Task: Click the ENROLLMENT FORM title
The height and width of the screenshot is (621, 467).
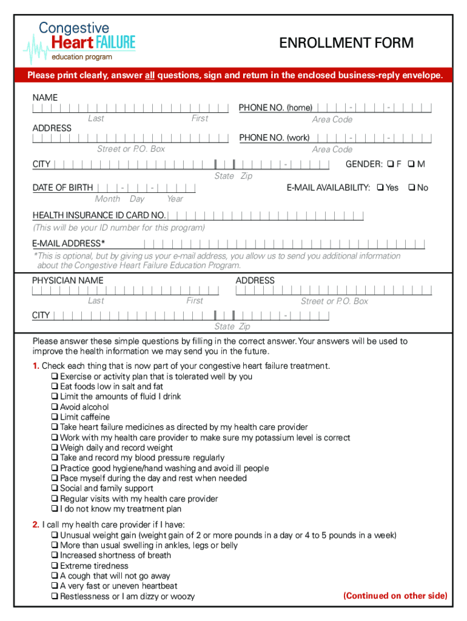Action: (346, 43)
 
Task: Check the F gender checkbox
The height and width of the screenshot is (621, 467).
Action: (391, 164)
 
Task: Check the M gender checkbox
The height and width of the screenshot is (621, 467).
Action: (411, 164)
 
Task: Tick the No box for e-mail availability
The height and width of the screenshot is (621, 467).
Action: (412, 187)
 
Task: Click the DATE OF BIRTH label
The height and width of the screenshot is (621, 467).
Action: (62, 187)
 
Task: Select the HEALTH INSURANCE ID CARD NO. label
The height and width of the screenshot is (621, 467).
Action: (99, 215)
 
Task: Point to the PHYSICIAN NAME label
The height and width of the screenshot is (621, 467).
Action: (67, 280)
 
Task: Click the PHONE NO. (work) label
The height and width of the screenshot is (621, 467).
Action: (274, 138)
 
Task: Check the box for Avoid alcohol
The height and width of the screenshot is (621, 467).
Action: (55, 407)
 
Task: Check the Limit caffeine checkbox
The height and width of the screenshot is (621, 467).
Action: (55, 417)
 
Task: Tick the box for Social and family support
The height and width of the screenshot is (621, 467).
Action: (55, 488)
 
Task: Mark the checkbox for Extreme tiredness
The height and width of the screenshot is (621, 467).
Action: (55, 566)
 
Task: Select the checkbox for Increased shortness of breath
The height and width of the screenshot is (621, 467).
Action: (55, 556)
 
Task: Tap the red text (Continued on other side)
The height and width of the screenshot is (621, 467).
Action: (395, 596)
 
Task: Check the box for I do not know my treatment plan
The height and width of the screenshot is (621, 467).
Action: (55, 509)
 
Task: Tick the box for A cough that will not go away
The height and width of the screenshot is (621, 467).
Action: (55, 576)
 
